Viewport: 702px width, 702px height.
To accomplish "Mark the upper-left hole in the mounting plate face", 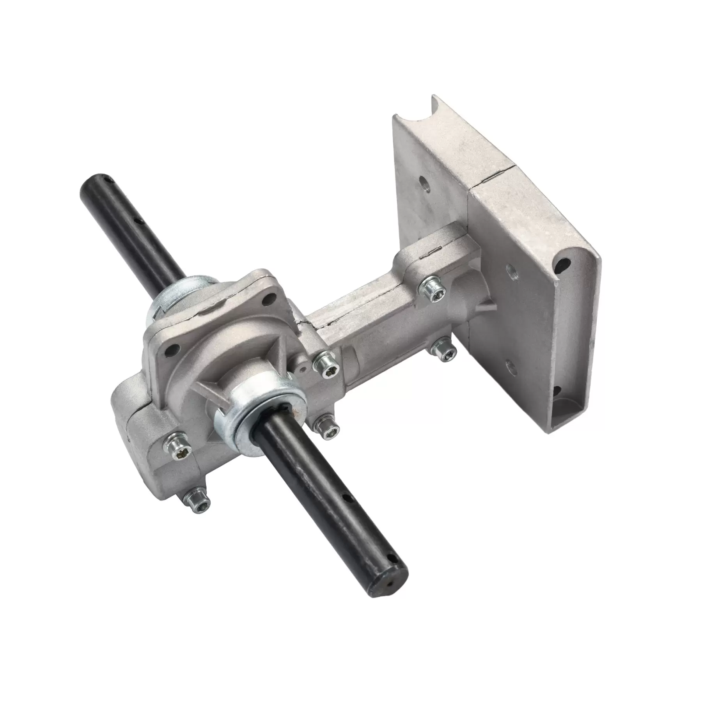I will [424, 182].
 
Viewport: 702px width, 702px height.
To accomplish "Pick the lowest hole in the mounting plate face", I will [509, 366].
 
